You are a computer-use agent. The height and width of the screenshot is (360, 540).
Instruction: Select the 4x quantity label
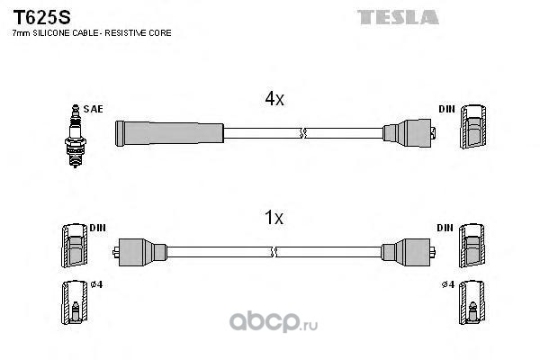(274, 101)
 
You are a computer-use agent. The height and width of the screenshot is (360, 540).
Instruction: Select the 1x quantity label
(274, 217)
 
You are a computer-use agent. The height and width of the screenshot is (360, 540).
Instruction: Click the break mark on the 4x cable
(302, 134)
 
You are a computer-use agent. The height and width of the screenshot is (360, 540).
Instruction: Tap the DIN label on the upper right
(447, 109)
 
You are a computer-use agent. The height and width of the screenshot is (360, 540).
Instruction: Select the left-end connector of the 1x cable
(139, 252)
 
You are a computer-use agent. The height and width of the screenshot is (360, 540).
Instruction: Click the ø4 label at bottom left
(95, 286)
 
